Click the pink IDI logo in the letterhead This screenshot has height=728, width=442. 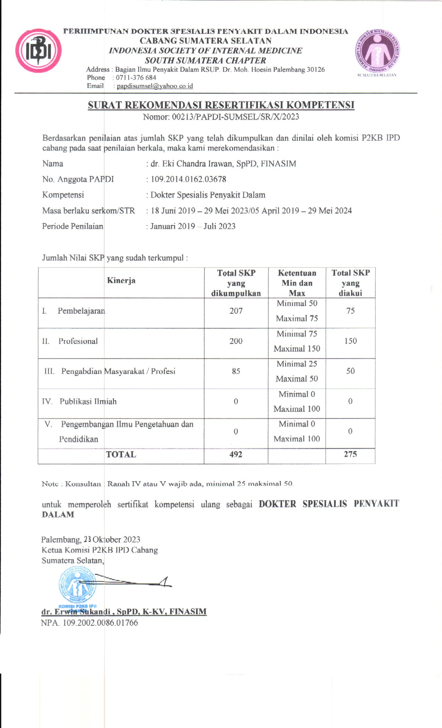(38, 51)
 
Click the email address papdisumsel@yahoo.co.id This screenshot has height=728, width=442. (155, 86)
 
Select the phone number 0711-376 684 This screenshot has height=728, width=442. (136, 78)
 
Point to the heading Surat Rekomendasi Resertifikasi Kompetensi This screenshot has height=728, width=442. (221, 105)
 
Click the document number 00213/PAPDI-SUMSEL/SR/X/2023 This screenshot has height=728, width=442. (235, 117)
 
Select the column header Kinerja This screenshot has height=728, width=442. (121, 280)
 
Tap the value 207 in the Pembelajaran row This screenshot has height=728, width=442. (236, 311)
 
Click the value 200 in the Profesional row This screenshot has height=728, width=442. (236, 341)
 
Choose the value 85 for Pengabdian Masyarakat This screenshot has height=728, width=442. (236, 371)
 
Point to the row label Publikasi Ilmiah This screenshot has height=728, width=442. (88, 401)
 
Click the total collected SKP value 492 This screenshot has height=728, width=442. (236, 454)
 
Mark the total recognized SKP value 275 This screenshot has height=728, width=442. (350, 454)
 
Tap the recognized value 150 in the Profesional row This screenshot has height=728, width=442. (350, 341)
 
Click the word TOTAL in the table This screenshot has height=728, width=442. (121, 454)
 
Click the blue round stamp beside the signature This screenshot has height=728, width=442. (77, 586)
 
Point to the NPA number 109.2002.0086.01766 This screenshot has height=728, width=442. (100, 623)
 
